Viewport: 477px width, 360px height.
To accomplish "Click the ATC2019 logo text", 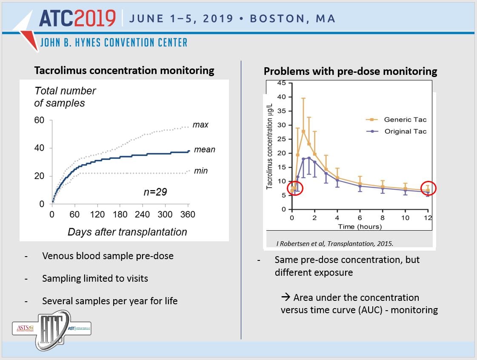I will coord(77,18).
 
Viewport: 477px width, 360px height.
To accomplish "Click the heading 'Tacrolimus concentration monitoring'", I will coord(124,70).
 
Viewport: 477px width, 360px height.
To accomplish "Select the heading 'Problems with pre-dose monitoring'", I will coord(350,71).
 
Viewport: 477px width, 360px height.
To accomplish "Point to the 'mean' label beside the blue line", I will coord(204,150).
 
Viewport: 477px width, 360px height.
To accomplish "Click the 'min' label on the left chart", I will coord(200,171).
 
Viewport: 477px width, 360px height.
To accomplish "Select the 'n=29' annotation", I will coord(155,192).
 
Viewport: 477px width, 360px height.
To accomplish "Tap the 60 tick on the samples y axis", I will coord(39,120).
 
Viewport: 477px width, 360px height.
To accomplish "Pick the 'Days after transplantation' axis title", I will coord(127,232).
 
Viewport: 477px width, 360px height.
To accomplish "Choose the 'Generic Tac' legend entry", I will coord(404,120).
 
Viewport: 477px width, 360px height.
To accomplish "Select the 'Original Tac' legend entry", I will coord(405,131).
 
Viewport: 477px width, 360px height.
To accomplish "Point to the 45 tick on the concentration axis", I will coord(281,83).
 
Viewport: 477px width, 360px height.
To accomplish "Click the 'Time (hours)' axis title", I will coord(360,227).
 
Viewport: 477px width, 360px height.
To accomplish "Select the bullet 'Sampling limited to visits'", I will coord(95,278).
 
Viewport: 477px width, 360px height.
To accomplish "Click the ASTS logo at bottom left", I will coord(24,329).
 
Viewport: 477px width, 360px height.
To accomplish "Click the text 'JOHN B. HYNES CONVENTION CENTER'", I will coord(114,43).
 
